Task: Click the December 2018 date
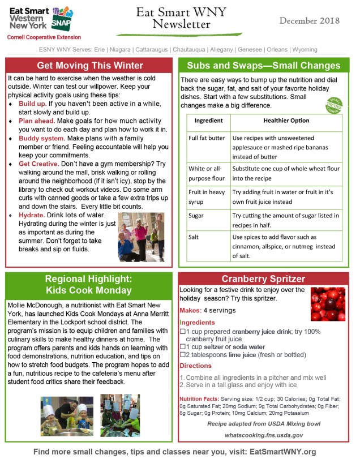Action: (309, 21)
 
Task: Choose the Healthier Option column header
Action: (286, 121)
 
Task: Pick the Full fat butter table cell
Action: (207, 138)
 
